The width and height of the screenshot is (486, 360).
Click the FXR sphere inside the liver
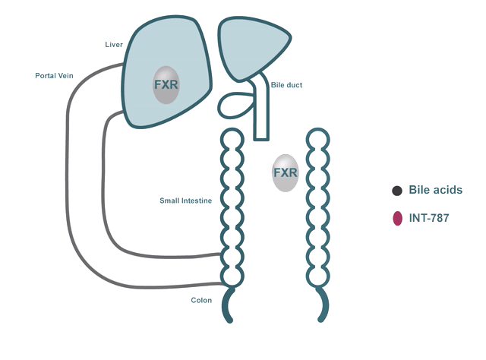pos(166,84)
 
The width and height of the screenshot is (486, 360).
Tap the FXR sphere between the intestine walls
pos(285,173)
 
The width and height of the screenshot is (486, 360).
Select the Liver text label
pos(113,45)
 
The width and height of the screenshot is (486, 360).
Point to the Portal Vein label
pos(54,76)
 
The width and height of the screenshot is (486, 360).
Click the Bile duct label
pos(286,85)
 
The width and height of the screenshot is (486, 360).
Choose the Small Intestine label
pos(185,201)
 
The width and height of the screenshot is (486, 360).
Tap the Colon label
pos(201,301)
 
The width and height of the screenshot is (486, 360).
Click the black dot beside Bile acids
pos(396,191)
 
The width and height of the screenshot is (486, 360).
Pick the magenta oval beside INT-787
pos(396,219)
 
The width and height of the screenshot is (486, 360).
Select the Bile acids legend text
pos(435,191)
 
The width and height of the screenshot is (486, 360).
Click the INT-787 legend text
pos(429,219)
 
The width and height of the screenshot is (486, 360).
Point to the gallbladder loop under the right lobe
pos(236,105)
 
